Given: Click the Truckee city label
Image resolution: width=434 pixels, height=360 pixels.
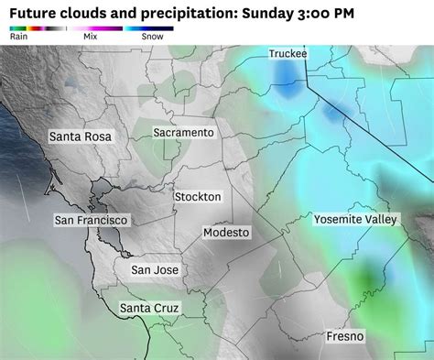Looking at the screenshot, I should coord(288,54).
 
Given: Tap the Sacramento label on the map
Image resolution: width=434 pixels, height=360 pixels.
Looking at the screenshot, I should coord(183,133).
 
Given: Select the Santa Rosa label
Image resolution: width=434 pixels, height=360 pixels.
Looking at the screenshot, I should coord(80,136).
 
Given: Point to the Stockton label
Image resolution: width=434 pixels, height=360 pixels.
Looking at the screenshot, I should coord(197,197).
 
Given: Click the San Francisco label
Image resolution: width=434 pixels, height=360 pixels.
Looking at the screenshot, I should coord(92,221).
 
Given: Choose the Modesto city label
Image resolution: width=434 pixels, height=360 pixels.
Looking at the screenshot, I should coord(225,233).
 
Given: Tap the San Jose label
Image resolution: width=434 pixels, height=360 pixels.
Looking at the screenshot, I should coord(155,270).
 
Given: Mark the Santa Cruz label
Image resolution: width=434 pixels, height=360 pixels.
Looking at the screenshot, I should coord(149,308).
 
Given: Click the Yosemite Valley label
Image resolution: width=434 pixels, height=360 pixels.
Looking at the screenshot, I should coord(356,220).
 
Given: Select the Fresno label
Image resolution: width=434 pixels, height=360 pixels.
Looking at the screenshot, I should coord(345,337).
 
